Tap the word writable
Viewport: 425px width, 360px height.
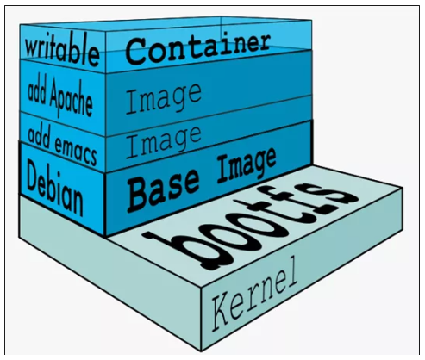coord(62,52)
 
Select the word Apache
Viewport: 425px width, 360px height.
coord(71,99)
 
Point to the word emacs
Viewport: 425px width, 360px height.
coord(75,152)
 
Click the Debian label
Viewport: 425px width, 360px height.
coord(54,187)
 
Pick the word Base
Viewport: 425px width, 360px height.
coord(163,189)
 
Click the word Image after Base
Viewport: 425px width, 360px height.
coord(247,166)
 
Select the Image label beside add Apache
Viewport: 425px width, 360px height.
coord(163,100)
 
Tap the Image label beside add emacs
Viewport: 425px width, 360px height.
coord(163,143)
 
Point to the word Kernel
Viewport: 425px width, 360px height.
coord(254,295)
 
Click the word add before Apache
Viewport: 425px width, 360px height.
coord(37,93)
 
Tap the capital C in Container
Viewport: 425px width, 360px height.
coord(136,53)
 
